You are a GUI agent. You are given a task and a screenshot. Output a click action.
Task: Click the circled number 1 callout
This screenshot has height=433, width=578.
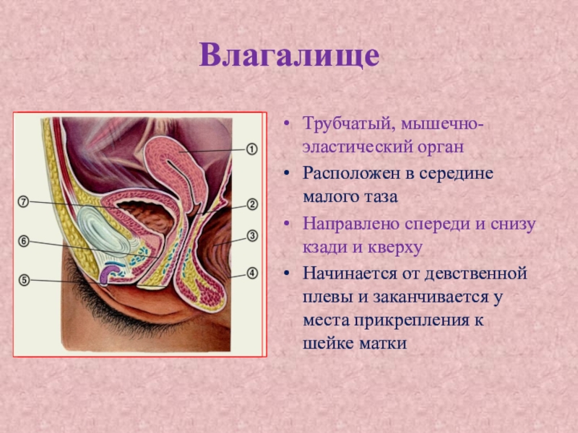pyautogui.click(x=251, y=149)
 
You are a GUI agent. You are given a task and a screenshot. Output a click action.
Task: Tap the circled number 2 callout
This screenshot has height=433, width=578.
pyautogui.click(x=252, y=204)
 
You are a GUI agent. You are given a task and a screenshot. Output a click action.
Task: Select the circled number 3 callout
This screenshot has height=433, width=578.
pyautogui.click(x=252, y=236)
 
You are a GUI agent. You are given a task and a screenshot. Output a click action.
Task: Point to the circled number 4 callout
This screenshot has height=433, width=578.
pyautogui.click(x=252, y=274)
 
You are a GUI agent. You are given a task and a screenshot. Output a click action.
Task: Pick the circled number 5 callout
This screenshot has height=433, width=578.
pyautogui.click(x=24, y=280)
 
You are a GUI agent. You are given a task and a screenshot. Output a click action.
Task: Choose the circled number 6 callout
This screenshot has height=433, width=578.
pyautogui.click(x=24, y=242)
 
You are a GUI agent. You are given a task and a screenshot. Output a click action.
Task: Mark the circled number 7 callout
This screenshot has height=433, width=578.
pyautogui.click(x=23, y=202)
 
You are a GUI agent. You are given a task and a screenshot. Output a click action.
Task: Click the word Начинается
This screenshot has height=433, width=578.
pyautogui.click(x=353, y=274)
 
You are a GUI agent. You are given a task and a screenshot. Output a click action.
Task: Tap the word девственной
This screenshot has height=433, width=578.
pyautogui.click(x=476, y=274)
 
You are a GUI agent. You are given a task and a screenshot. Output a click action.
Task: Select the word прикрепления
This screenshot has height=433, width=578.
pyautogui.click(x=409, y=321)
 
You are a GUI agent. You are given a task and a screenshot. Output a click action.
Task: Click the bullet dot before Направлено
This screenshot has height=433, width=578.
pyautogui.click(x=287, y=224)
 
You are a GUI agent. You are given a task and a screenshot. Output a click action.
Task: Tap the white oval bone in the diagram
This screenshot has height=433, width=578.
pyautogui.click(x=101, y=231)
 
